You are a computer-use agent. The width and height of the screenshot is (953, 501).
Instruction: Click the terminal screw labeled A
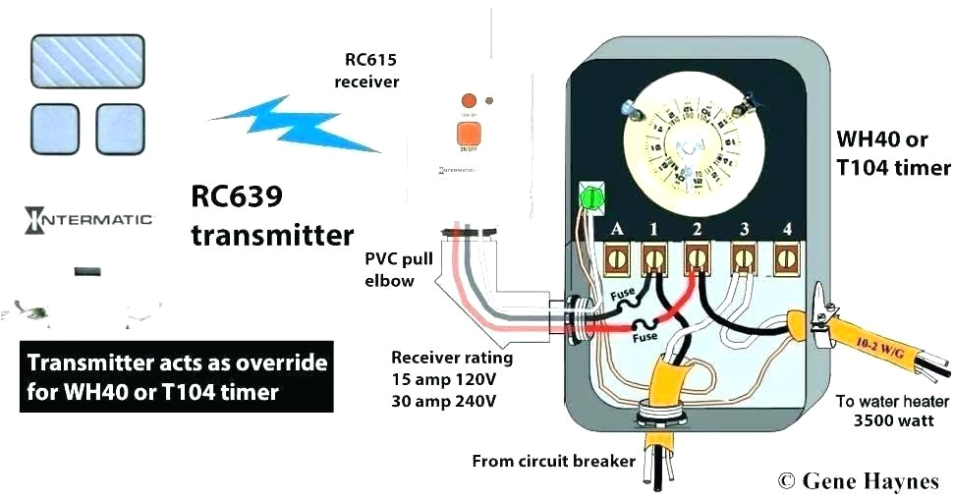(618, 260)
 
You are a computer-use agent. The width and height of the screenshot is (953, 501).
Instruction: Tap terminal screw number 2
(698, 260)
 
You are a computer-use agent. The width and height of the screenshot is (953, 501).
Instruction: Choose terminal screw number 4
(785, 260)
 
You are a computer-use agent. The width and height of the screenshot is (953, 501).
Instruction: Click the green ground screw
(591, 197)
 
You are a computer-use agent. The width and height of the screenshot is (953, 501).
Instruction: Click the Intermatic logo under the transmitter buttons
(88, 219)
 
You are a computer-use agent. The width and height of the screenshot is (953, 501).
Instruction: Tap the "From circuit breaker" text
(553, 461)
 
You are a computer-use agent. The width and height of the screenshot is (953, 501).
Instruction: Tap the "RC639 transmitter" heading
(271, 216)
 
